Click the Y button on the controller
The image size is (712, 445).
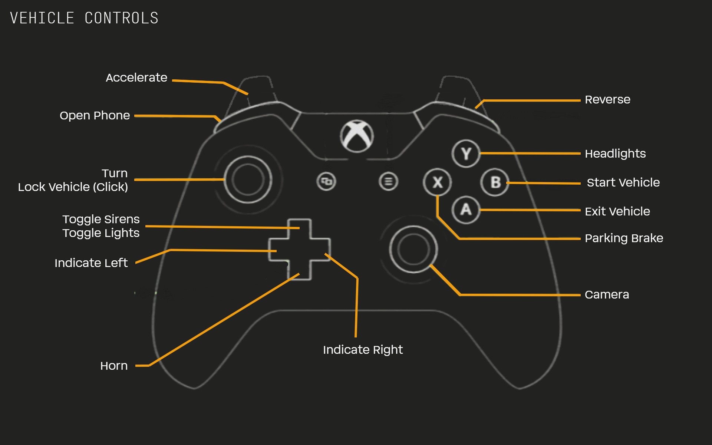[x=466, y=154]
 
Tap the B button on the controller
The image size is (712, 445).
[x=495, y=182]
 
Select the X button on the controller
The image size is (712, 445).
[x=438, y=182]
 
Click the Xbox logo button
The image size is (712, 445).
[x=357, y=136]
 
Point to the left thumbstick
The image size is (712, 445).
[x=248, y=179]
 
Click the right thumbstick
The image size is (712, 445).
[x=413, y=249]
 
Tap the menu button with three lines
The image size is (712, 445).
[x=388, y=181]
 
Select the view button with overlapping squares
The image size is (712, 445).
[x=326, y=181]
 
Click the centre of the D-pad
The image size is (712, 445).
[x=299, y=249]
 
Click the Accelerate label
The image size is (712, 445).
[x=136, y=78]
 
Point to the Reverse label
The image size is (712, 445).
[x=607, y=99]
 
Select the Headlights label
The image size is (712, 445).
[x=615, y=154]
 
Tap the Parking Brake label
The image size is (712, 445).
[x=624, y=238]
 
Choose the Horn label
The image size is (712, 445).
[x=114, y=366]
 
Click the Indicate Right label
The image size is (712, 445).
[x=363, y=350]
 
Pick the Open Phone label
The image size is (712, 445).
[x=95, y=115]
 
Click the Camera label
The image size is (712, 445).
[x=607, y=294]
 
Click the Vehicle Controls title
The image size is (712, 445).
[x=84, y=18]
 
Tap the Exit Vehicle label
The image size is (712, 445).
[x=617, y=211]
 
